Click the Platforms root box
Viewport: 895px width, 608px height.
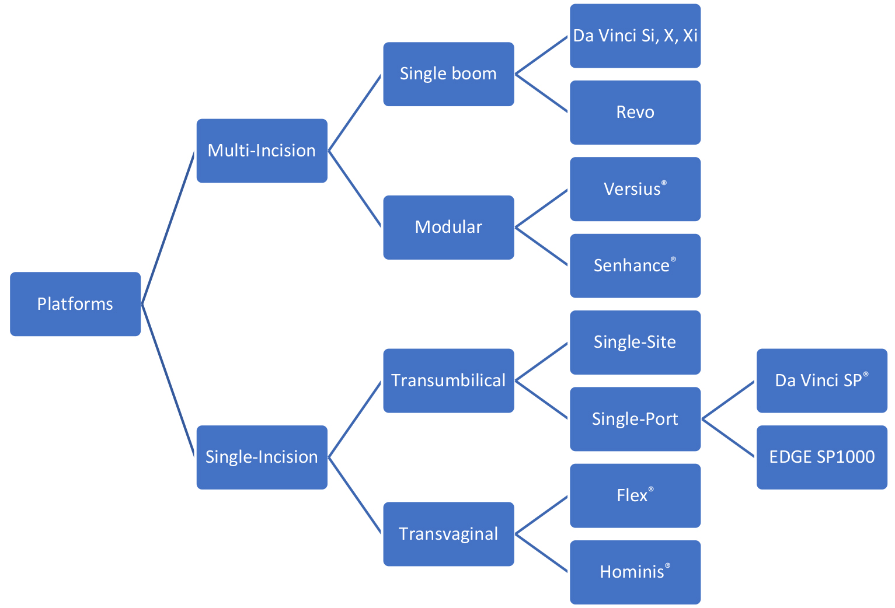click(75, 304)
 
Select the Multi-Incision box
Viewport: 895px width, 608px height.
click(262, 151)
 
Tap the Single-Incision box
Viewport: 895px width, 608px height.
click(262, 457)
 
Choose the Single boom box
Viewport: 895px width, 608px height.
click(448, 74)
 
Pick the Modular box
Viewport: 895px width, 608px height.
click(448, 227)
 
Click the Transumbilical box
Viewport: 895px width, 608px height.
click(448, 380)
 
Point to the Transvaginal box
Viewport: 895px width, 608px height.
click(448, 534)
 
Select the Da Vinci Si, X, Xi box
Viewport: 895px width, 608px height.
click(635, 36)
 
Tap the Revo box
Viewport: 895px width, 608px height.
click(635, 112)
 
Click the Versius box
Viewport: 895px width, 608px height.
click(635, 189)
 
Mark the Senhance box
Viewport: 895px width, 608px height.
click(635, 265)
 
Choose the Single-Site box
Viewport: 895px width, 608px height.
click(635, 342)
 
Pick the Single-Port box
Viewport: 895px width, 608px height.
click(635, 419)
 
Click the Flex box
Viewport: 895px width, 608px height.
click(635, 495)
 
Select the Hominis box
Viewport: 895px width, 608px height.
click(635, 572)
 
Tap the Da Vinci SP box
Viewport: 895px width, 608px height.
click(821, 380)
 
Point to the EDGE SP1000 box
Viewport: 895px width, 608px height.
click(821, 457)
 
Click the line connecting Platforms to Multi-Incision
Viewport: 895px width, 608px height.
click(168, 228)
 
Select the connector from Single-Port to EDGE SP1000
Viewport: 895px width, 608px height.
click(729, 438)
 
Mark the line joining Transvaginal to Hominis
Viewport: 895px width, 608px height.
click(541, 553)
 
